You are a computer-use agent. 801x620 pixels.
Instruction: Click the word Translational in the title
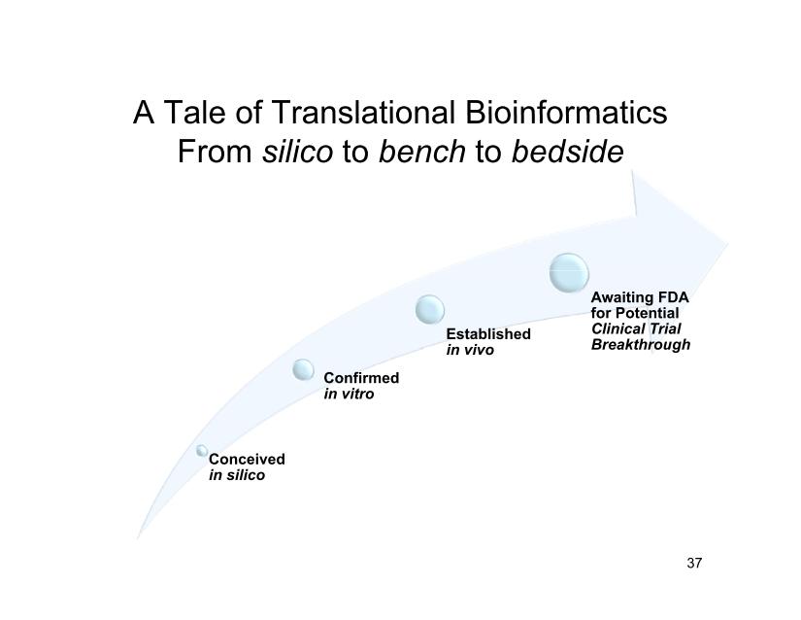tap(363, 112)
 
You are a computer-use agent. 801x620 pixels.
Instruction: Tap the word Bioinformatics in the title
tap(566, 112)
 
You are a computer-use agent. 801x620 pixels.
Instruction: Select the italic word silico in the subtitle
tap(297, 152)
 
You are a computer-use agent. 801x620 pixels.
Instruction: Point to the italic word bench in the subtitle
tap(422, 152)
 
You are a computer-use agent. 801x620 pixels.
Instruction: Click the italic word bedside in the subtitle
tap(568, 152)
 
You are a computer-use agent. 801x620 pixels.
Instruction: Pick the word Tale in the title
tap(194, 112)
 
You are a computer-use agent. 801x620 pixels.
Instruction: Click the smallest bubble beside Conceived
tap(202, 450)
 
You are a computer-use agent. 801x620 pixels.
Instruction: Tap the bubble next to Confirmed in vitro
tap(304, 369)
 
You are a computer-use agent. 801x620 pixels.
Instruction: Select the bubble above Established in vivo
tap(429, 309)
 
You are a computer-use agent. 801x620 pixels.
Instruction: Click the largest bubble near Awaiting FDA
tap(569, 272)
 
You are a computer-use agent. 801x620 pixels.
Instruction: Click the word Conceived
tap(247, 459)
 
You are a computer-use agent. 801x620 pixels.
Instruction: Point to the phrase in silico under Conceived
tap(237, 475)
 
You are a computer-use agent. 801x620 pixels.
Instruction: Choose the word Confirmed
tap(361, 378)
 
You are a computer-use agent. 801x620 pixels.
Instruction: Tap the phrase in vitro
tap(349, 394)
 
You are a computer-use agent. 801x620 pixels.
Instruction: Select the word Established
tap(488, 333)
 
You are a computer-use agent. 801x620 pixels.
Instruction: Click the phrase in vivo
tap(470, 350)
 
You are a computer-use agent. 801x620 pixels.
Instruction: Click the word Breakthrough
tap(641, 345)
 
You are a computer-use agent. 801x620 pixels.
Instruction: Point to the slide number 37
tap(694, 563)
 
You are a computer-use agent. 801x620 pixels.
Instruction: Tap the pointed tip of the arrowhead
tap(727, 243)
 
